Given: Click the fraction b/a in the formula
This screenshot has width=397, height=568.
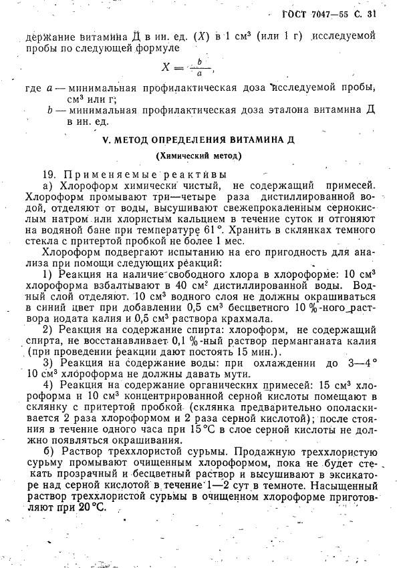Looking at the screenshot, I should pos(198,67).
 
